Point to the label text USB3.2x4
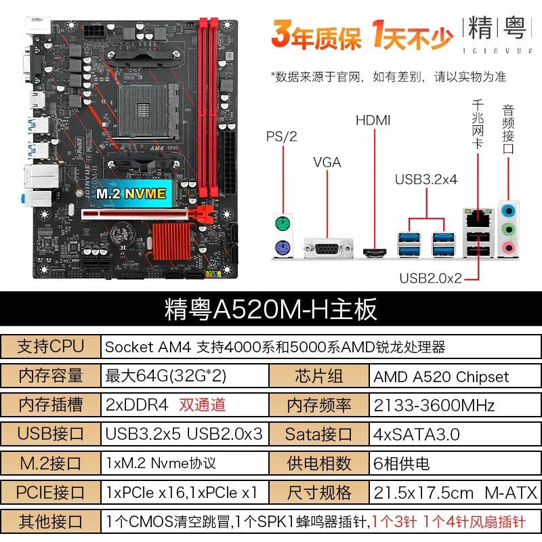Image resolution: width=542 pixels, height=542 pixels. click(x=426, y=180)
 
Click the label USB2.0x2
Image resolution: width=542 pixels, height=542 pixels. click(x=430, y=278)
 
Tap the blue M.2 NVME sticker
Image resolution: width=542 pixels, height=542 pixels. click(x=131, y=193)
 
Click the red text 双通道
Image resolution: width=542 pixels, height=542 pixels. click(x=202, y=405)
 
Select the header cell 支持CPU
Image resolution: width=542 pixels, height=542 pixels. click(x=51, y=347)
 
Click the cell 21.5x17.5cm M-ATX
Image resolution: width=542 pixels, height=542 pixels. click(x=451, y=492)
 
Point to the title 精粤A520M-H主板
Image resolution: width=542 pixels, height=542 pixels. click(x=271, y=309)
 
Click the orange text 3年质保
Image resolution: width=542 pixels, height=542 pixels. click(x=316, y=34)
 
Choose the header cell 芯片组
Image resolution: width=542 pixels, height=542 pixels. click(x=319, y=377)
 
